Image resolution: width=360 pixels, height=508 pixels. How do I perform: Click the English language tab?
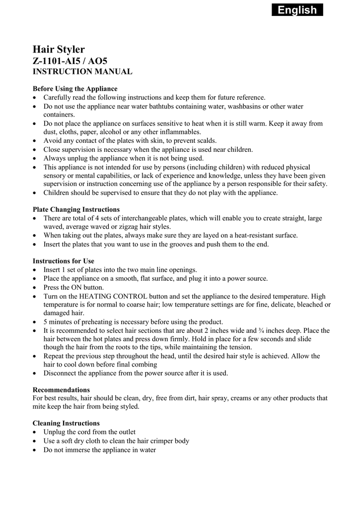tap(297, 10)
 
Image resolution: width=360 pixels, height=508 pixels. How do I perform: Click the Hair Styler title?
tap(59, 49)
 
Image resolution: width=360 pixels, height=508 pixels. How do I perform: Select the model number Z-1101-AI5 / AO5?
tap(70, 61)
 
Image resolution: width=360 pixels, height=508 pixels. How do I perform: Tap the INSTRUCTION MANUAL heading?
tap(82, 72)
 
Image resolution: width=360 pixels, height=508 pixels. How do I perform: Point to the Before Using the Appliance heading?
tap(75, 89)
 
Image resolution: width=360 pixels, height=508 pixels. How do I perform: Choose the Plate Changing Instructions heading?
tap(76, 209)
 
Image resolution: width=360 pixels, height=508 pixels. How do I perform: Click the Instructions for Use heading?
tap(63, 261)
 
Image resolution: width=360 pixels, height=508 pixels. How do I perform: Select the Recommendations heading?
tap(61, 389)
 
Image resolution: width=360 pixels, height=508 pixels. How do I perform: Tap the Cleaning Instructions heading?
tap(66, 423)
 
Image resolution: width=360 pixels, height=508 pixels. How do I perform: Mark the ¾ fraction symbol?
tap(261, 330)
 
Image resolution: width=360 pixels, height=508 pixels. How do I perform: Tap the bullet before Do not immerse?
tap(34, 450)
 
